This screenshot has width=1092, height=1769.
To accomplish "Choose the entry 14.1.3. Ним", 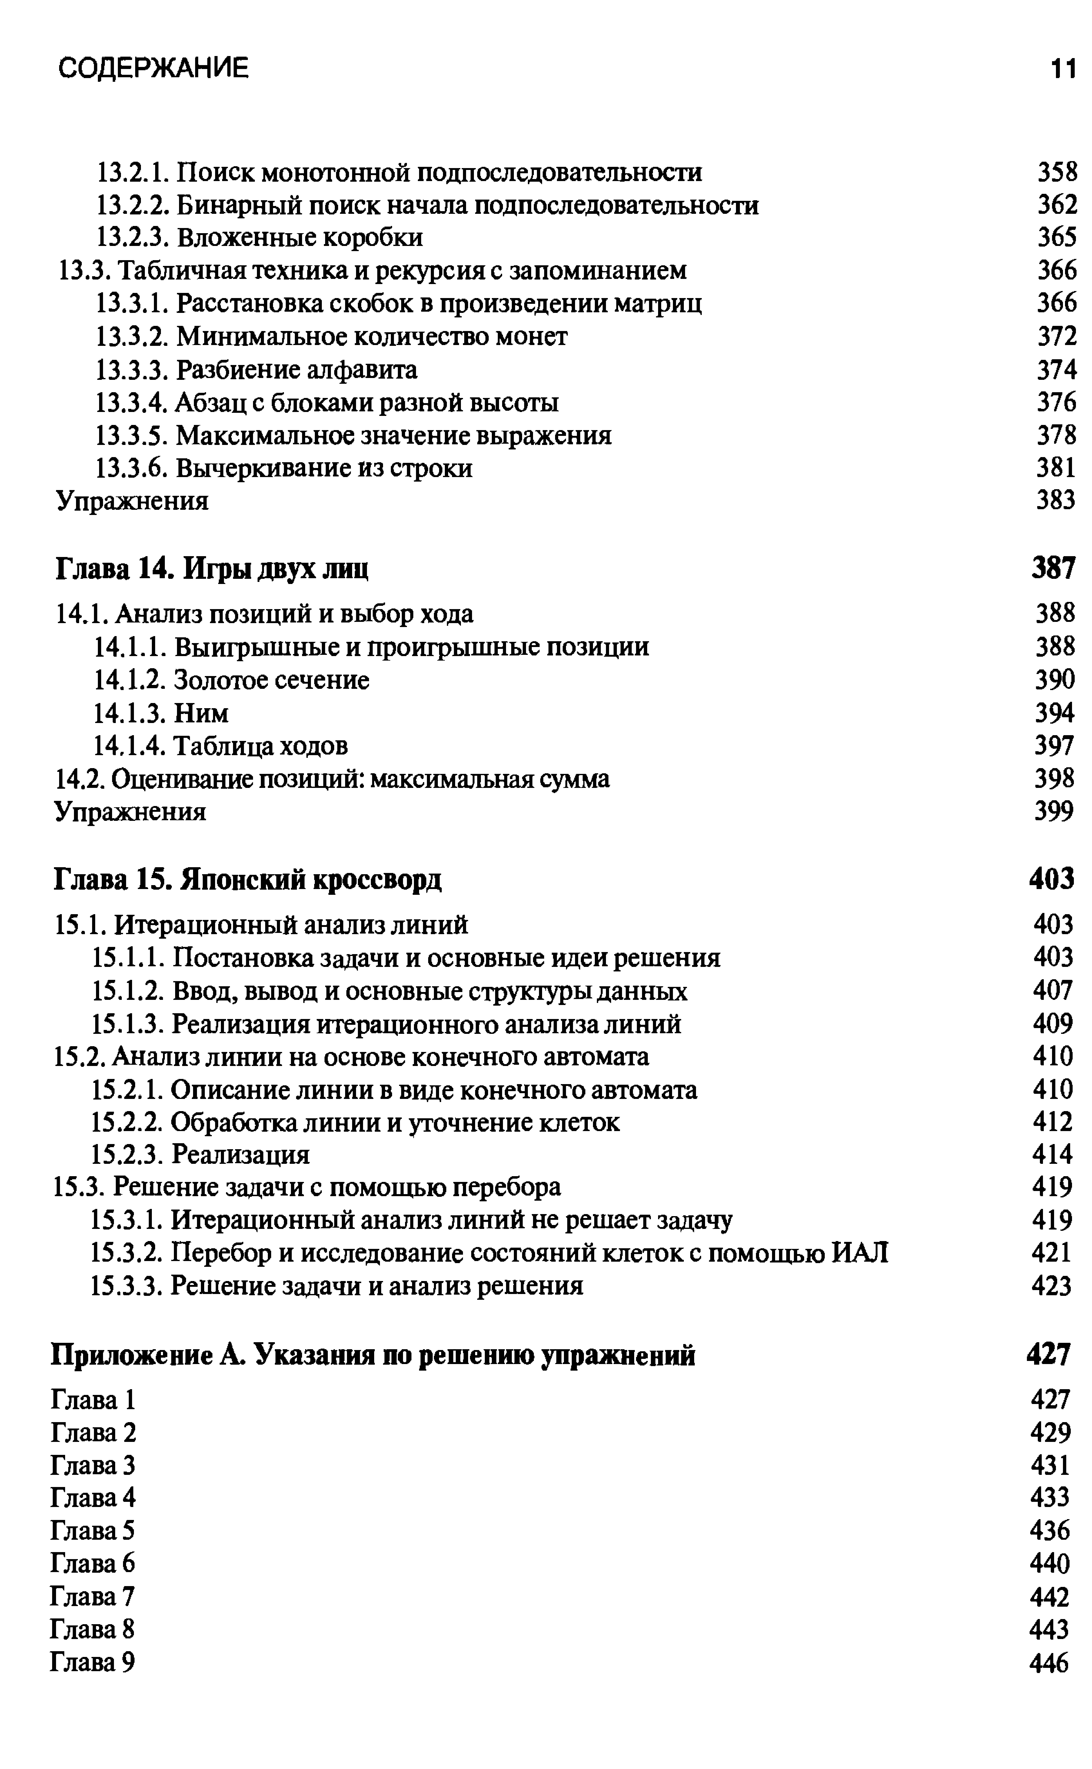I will click(x=161, y=713).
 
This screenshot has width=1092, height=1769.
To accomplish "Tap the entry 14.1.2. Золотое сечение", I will click(x=231, y=679).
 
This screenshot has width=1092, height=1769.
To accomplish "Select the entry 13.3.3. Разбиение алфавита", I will click(x=256, y=370).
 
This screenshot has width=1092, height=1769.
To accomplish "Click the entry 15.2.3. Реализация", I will click(x=201, y=1155).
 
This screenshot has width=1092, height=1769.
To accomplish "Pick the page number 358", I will click(x=1057, y=173).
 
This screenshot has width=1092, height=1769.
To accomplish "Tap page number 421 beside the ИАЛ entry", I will click(x=1052, y=1252).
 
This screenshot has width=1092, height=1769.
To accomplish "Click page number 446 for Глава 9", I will click(x=1049, y=1663).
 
